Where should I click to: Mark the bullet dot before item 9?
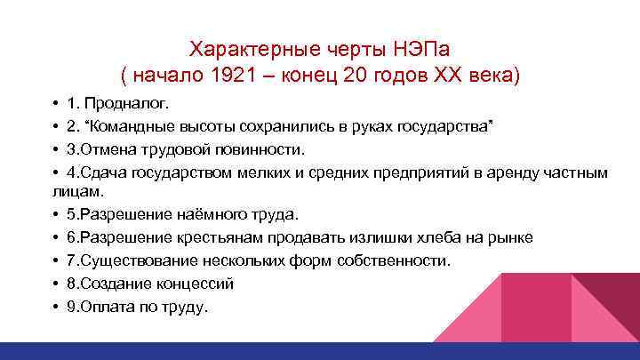tap(56, 308)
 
